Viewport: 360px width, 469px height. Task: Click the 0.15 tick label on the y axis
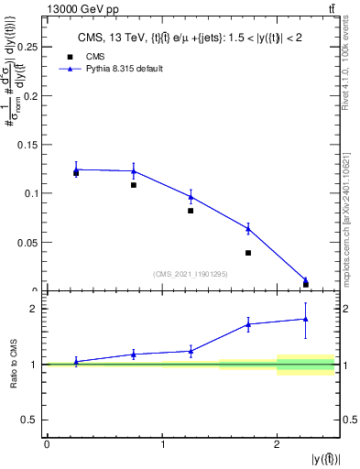[x=29, y=145]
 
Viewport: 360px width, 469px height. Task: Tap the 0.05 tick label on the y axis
[x=29, y=243]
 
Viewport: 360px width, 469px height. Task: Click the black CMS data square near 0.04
[x=248, y=253]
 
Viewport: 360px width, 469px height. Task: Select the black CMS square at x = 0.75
[x=134, y=185]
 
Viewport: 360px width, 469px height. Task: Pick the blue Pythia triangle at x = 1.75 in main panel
[x=248, y=228]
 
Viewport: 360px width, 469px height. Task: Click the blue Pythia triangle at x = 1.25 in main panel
[x=191, y=196]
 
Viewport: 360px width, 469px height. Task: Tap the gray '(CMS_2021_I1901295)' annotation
[x=191, y=273]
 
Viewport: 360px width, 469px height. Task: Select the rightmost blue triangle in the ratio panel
[x=306, y=319]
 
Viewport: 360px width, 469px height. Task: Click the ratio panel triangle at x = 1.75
[x=248, y=323]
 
